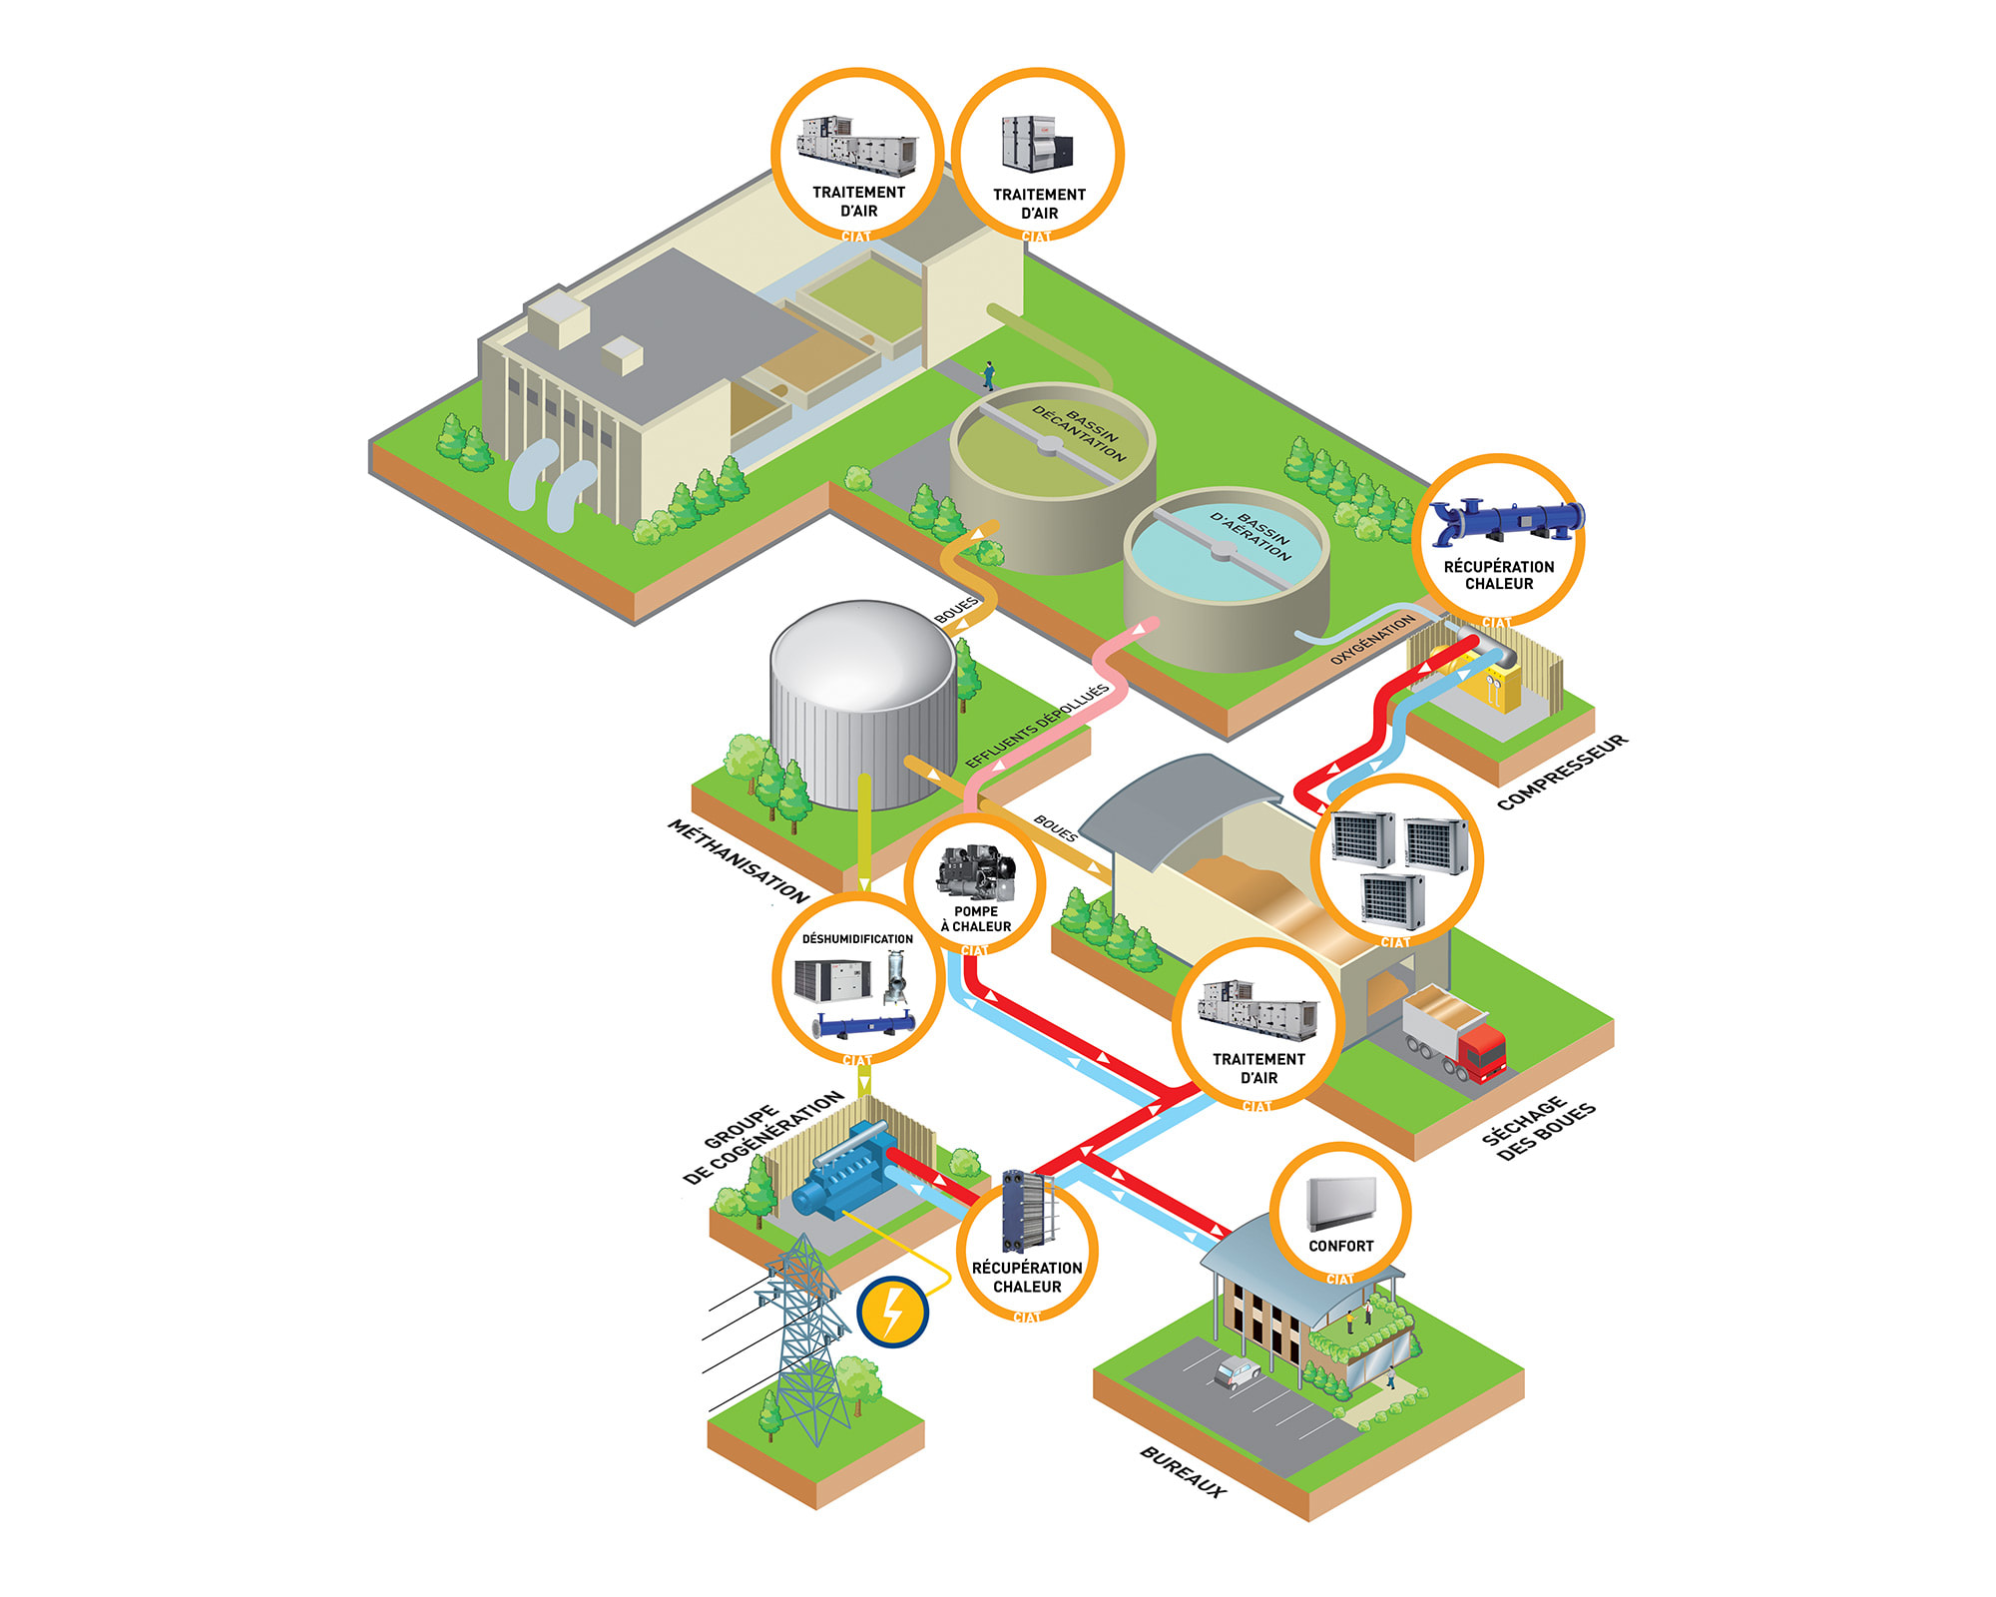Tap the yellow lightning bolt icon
(x=893, y=1312)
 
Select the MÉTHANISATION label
(x=738, y=861)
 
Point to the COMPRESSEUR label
(x=1562, y=772)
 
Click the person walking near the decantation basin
(x=989, y=375)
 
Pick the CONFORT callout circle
(x=1340, y=1213)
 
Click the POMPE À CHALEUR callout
(x=975, y=885)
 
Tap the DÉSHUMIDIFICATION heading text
(x=857, y=939)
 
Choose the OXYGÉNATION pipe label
(x=1373, y=639)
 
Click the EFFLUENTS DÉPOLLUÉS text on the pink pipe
(x=1038, y=726)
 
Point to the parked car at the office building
(x=1238, y=1372)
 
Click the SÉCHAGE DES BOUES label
(x=1538, y=1128)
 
